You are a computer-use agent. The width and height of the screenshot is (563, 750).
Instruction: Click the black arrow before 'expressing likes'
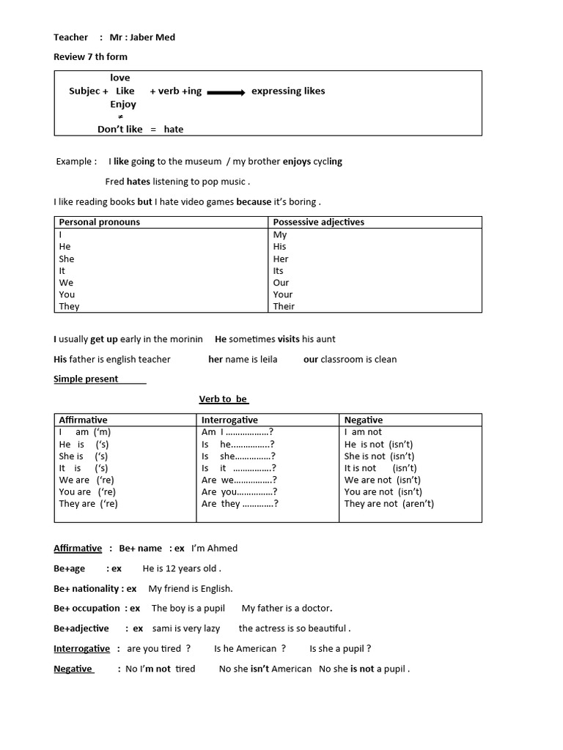click(226, 92)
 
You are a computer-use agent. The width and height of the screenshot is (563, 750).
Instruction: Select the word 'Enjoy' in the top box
click(123, 105)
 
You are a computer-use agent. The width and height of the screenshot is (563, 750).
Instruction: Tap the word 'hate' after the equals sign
click(174, 130)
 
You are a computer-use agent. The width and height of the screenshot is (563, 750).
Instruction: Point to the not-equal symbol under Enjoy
click(120, 117)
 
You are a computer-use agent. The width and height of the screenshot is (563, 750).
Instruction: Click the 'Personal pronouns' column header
click(99, 222)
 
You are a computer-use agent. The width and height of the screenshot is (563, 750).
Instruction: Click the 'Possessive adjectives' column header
click(318, 222)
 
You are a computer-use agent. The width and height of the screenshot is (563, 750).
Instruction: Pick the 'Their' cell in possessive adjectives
click(284, 306)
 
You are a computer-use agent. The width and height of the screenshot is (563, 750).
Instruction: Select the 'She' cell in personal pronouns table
click(67, 259)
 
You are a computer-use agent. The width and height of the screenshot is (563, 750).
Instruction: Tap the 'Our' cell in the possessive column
click(281, 283)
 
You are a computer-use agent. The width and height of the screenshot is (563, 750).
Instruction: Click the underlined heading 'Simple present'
click(86, 379)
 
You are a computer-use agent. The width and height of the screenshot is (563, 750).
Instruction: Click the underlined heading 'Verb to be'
click(224, 399)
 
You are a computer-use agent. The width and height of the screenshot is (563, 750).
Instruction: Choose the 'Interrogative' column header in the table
click(229, 420)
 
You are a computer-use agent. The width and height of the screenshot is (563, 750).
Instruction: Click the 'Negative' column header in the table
click(364, 420)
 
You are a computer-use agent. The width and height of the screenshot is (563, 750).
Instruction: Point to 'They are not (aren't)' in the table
click(389, 504)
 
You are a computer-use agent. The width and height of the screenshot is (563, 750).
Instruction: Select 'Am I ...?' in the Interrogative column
click(238, 432)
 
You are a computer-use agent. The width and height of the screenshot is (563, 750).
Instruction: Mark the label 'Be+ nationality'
click(87, 589)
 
